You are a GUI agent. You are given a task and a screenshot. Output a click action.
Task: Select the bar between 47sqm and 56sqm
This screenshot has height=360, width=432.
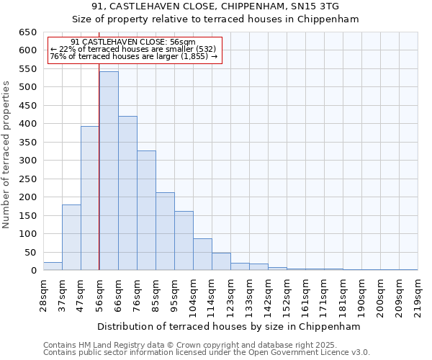(x=90, y=198)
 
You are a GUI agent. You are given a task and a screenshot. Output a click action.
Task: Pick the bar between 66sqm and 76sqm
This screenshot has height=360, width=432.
(x=127, y=193)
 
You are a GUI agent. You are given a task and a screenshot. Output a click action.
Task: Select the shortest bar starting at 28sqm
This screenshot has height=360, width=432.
(x=53, y=266)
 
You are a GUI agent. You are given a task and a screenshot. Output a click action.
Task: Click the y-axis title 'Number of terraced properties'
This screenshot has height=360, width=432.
(x=6, y=154)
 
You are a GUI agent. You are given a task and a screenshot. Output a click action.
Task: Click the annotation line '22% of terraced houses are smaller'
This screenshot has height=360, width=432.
(x=133, y=49)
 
